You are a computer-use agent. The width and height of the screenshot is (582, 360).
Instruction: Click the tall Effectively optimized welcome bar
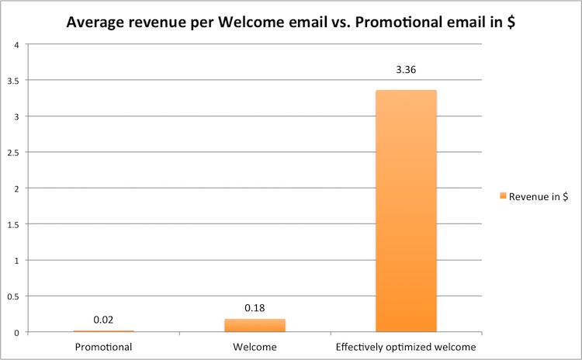tap(406, 211)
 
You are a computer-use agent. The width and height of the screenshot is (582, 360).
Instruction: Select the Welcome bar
tap(255, 325)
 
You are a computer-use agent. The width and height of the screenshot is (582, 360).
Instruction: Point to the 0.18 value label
tap(255, 308)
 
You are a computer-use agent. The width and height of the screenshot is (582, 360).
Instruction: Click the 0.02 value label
tap(104, 320)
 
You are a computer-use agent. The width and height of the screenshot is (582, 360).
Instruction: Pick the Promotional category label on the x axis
tap(103, 345)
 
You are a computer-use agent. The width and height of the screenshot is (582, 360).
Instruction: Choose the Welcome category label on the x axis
tap(255, 345)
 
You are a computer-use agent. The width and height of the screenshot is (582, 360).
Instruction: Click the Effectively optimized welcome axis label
tap(406, 345)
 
